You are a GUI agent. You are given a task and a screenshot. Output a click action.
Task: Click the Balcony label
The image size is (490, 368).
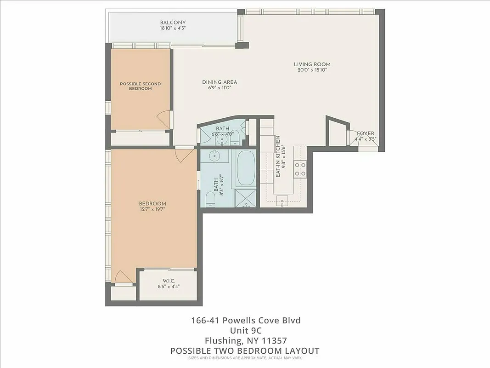coord(173,23)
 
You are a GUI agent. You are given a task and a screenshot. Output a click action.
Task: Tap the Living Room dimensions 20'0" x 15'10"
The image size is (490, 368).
coord(312,70)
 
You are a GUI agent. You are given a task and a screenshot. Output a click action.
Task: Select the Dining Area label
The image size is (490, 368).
coord(220,82)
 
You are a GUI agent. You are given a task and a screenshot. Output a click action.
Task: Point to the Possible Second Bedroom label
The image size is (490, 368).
coord(140,86)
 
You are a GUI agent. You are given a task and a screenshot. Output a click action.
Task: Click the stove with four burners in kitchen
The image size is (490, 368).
coord(300,170)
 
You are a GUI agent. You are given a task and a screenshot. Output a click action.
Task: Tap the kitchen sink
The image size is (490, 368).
coord(283,199)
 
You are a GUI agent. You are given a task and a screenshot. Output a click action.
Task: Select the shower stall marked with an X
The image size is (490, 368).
coord(247,198)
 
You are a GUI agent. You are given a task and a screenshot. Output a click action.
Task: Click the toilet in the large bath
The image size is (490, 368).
coord(210,199)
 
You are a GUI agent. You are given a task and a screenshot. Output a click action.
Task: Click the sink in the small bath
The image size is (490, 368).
coord(223,138)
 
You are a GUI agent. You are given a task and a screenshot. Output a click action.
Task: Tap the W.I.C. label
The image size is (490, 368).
coord(169,281)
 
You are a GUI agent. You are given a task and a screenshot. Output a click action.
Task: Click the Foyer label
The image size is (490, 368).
coord(366,133)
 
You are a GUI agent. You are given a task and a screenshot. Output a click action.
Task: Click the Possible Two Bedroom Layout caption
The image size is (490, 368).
coord(245,351)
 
